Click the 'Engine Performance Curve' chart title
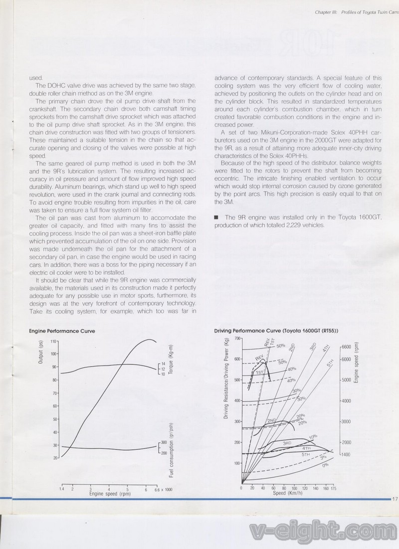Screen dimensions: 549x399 tap(62, 331)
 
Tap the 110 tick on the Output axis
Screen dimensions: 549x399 tap(53, 343)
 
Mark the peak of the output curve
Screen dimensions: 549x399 tap(149, 340)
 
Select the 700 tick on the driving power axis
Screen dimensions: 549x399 tap(237, 338)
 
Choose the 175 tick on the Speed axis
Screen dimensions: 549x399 tap(333, 489)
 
